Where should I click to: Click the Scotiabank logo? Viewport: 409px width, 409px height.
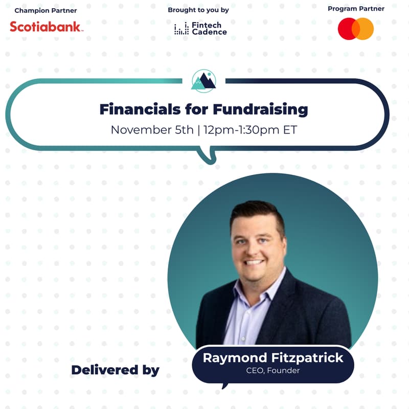click(46, 27)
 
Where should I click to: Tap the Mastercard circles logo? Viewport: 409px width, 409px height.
click(356, 29)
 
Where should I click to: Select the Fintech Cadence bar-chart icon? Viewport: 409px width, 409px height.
click(181, 29)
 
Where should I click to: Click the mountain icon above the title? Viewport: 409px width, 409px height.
click(203, 81)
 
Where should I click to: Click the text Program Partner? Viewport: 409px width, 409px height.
click(356, 9)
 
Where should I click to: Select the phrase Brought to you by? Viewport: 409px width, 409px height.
click(198, 10)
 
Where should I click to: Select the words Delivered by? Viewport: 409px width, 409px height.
click(115, 370)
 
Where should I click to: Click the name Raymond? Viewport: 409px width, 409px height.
click(233, 358)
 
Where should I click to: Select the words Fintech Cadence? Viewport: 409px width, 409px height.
click(209, 29)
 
